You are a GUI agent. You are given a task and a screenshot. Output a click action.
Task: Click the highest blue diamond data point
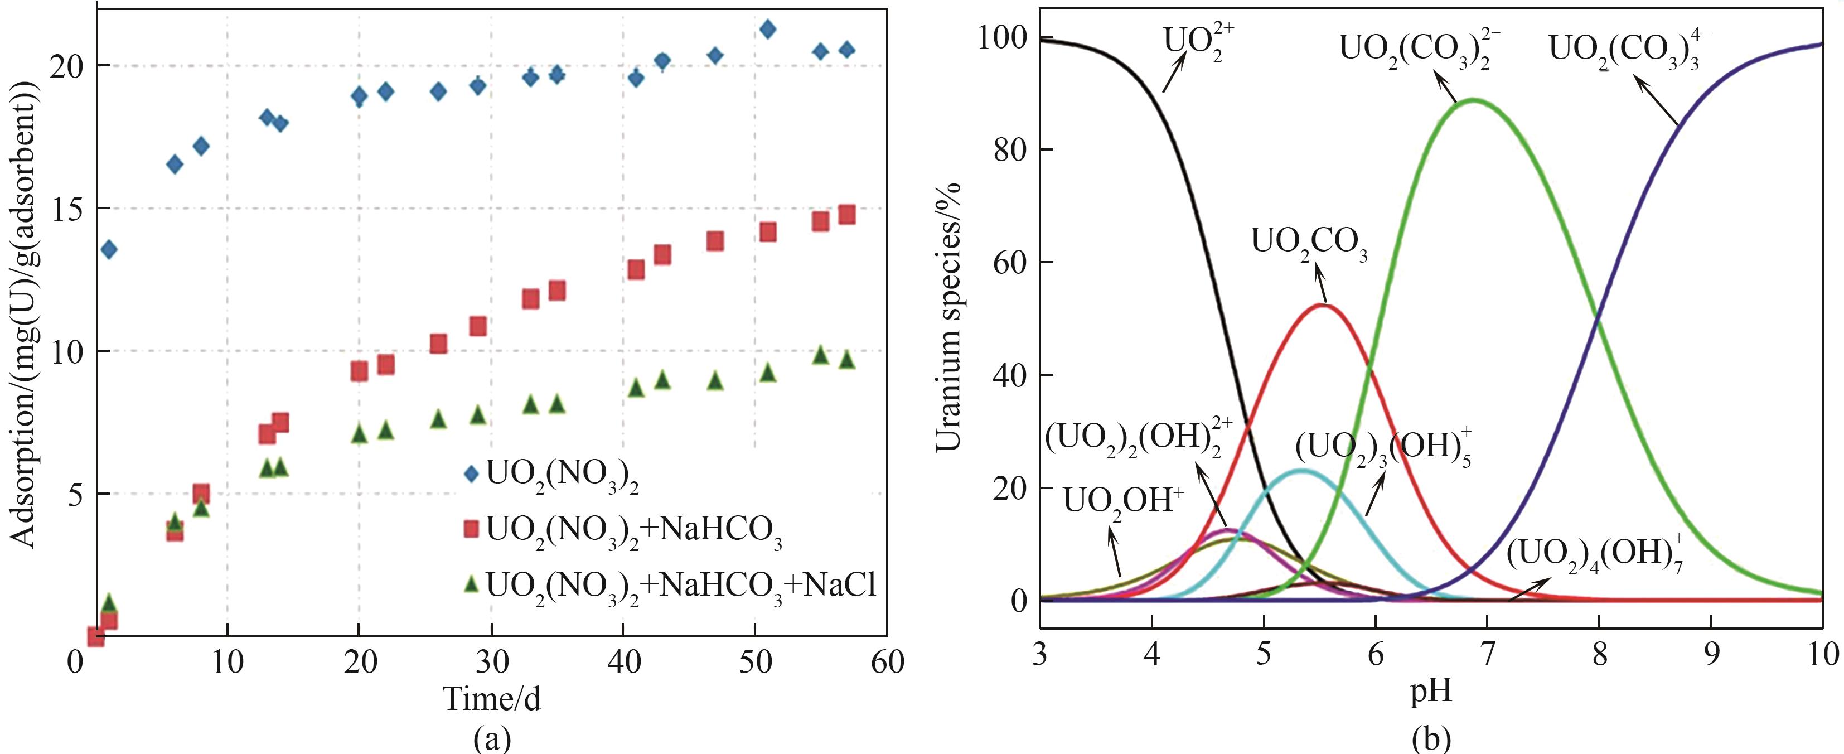pos(767,30)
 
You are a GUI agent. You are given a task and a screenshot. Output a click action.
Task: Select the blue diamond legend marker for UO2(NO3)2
pos(470,473)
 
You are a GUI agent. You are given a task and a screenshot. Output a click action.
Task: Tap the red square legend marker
pos(470,529)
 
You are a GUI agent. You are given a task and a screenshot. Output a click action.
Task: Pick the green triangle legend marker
pos(470,584)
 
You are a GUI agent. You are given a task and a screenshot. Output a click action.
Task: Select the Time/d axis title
pos(492,698)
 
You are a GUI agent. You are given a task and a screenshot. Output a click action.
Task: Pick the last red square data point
pos(847,215)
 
